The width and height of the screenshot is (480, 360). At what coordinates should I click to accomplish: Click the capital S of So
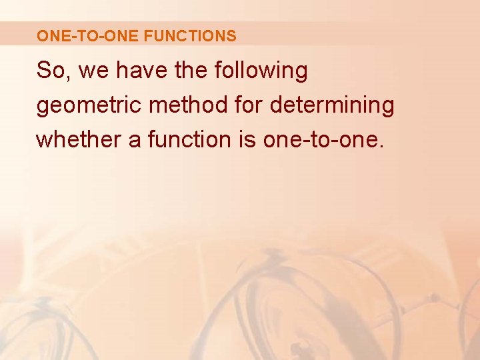click(44, 71)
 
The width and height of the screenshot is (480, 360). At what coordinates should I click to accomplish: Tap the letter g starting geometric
click(43, 108)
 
